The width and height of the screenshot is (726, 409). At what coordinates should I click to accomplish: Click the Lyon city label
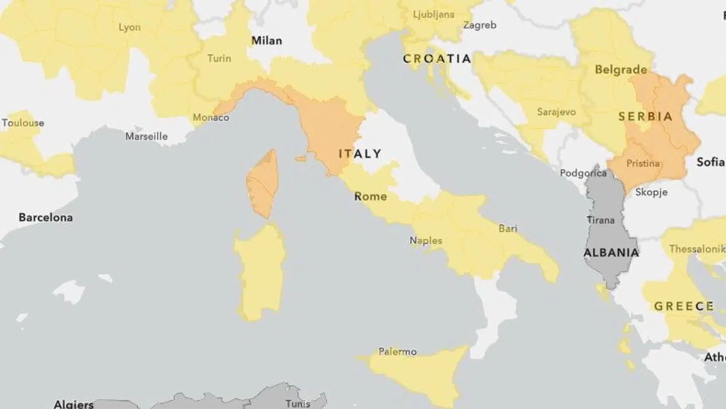click(130, 27)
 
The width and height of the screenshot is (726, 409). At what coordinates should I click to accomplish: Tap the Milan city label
click(267, 40)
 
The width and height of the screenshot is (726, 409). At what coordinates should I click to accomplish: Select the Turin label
click(219, 58)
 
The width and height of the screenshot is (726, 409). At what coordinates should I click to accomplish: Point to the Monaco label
click(211, 118)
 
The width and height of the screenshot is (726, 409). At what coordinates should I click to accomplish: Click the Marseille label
click(146, 136)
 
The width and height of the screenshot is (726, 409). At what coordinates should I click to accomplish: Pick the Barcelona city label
click(45, 217)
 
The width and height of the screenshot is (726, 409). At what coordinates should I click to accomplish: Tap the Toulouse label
click(23, 123)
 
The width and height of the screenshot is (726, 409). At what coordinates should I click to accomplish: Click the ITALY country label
click(360, 154)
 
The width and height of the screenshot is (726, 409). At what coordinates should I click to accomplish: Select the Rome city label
click(371, 196)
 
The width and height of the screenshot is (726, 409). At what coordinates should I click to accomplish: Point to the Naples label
click(426, 240)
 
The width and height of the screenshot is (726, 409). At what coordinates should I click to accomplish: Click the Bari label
click(508, 229)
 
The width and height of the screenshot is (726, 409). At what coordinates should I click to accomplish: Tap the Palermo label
click(397, 351)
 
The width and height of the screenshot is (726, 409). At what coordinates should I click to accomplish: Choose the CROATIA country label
click(437, 59)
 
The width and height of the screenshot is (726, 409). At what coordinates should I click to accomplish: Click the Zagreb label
click(479, 25)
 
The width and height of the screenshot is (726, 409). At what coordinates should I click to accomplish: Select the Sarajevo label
click(556, 112)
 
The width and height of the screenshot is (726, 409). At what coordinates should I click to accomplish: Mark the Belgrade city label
click(621, 70)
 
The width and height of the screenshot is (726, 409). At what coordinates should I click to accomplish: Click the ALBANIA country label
click(611, 252)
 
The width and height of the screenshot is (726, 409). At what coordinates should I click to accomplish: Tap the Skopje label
click(651, 192)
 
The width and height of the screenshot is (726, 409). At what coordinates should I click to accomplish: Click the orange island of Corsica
click(263, 184)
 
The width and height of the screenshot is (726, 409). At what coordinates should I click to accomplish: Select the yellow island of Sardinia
click(260, 273)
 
